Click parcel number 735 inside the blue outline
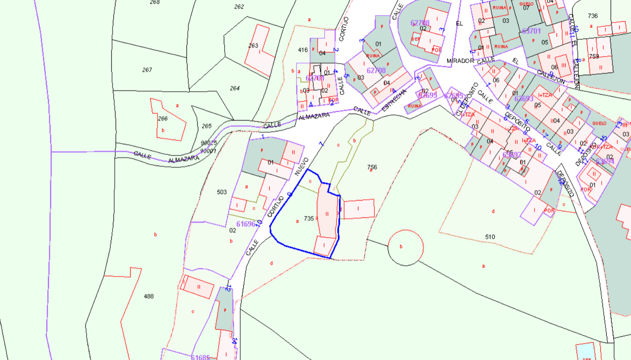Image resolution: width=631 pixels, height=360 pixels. [309, 219]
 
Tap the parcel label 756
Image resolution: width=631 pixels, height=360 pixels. [372, 167]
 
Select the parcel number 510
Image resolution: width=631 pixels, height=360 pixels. [490, 237]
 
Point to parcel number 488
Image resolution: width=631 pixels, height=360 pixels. [148, 296]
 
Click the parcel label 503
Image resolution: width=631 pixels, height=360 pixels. [222, 192]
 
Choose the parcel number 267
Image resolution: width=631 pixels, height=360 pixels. [147, 70]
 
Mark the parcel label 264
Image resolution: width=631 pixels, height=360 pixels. [235, 88]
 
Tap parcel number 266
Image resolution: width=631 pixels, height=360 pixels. [163, 119]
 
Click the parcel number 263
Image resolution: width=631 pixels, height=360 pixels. [253, 45]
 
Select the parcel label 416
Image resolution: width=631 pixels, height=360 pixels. [303, 50]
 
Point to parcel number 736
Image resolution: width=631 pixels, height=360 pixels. [593, 16]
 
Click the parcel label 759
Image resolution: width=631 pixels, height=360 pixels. [594, 56]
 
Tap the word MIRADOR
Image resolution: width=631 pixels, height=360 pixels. [460, 61]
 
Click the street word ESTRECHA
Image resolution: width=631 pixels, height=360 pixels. [394, 100]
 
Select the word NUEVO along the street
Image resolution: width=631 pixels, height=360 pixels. [302, 166]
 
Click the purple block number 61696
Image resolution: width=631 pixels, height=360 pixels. [246, 224]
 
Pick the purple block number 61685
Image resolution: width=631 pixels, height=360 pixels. [200, 357]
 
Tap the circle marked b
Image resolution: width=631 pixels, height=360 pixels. [406, 247]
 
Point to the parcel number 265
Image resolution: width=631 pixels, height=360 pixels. [207, 126]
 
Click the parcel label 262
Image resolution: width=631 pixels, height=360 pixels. [239, 6]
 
